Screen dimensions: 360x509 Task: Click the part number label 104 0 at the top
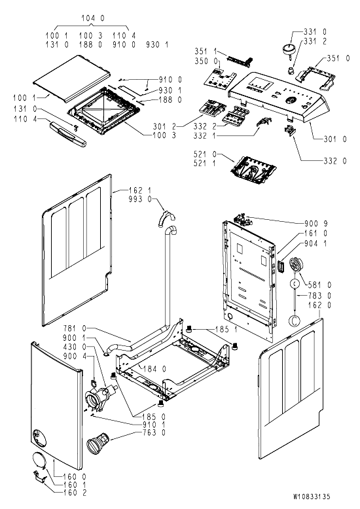tap(93, 18)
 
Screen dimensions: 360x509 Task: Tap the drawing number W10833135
tap(312, 497)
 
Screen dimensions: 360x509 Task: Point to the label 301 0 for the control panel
tap(335, 139)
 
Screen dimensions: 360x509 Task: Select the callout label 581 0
tap(319, 285)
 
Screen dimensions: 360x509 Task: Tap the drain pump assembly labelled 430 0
tap(100, 396)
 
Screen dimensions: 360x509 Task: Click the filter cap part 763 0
tap(99, 442)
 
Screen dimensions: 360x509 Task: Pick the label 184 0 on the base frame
tap(154, 369)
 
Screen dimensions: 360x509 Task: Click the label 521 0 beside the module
tap(205, 154)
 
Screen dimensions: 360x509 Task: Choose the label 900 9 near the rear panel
tap(316, 223)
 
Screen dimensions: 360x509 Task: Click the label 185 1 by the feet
tap(226, 330)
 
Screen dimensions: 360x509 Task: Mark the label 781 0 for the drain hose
tap(75, 328)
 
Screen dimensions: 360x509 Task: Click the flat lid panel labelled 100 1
tap(72, 79)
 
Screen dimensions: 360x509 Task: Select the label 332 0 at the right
tap(335, 161)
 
